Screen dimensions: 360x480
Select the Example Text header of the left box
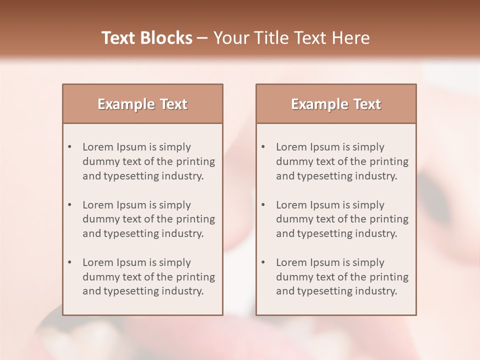[x=142, y=104]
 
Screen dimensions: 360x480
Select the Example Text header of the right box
[x=336, y=104]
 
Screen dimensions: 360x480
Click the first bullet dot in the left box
[x=69, y=147]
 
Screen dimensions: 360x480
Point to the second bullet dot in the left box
[x=69, y=205]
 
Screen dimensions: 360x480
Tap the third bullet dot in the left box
[x=69, y=262]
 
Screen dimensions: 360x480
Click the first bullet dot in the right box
[x=263, y=147]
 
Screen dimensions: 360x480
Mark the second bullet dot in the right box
[x=263, y=205]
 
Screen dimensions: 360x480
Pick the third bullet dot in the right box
[x=263, y=262]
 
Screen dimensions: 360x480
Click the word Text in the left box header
[x=174, y=104]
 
